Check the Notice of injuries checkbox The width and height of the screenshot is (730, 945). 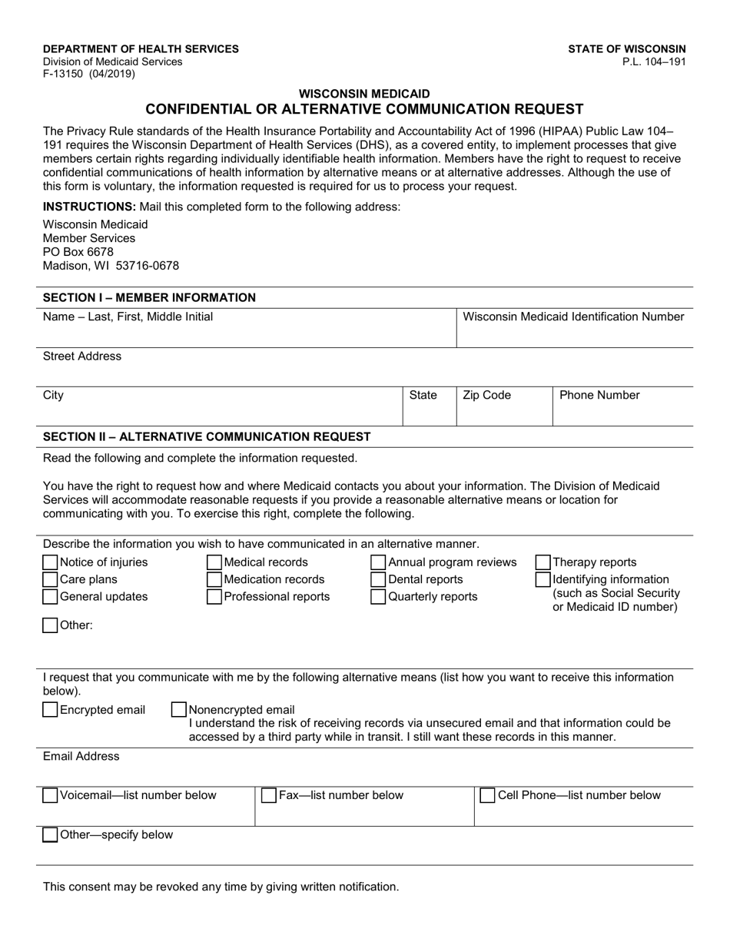[x=51, y=562]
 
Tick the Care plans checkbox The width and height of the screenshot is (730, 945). [x=51, y=579]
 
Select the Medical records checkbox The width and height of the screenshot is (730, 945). [x=215, y=562]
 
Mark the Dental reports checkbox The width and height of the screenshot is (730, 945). [x=379, y=579]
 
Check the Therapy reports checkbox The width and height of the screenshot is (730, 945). [x=543, y=562]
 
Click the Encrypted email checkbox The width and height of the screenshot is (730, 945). [x=51, y=710]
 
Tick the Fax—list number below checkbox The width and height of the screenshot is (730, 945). [x=269, y=795]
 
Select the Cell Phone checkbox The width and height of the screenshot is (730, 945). [x=488, y=795]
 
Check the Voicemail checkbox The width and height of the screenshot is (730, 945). [x=51, y=795]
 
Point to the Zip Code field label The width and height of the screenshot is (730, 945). [x=486, y=396]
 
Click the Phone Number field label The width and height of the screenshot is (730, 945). [x=599, y=396]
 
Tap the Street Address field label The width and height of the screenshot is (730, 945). [x=82, y=356]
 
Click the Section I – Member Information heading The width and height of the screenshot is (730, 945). [x=149, y=297]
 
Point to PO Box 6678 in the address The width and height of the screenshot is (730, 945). [x=78, y=252]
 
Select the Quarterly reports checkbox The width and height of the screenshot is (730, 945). [x=379, y=597]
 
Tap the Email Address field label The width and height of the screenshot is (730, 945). [x=81, y=757]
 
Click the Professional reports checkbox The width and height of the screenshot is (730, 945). [x=215, y=597]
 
